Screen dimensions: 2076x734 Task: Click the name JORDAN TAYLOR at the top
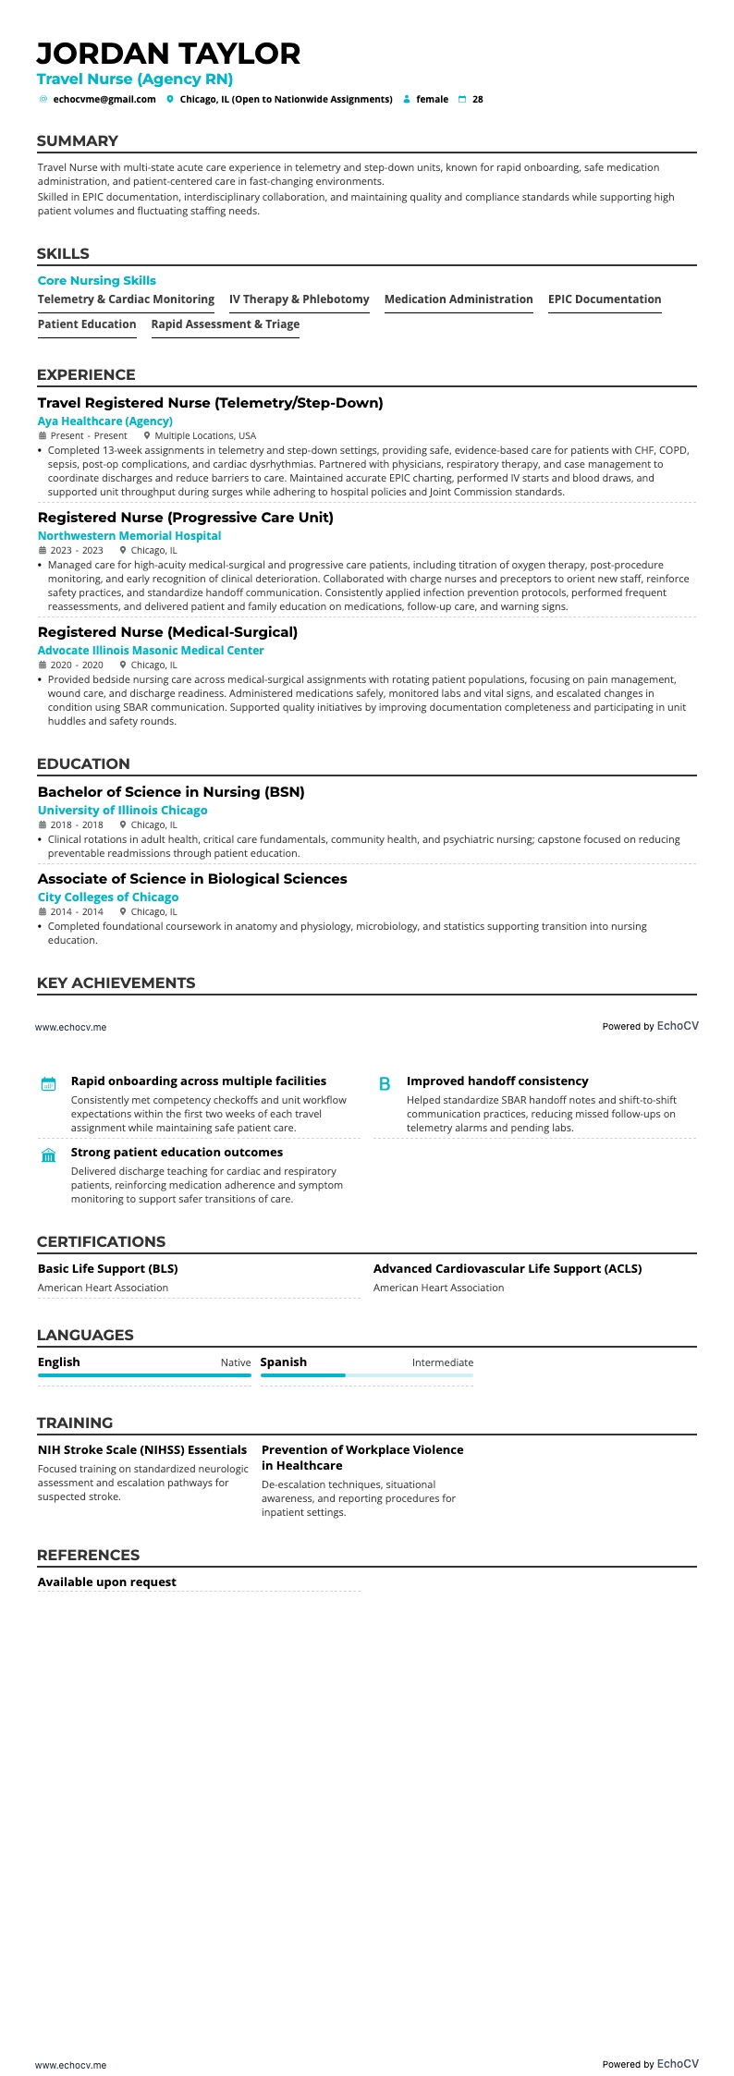tap(168, 54)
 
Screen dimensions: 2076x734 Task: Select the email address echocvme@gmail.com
tap(104, 99)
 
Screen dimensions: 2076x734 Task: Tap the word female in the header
tap(432, 99)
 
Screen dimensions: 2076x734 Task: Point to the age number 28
tap(477, 99)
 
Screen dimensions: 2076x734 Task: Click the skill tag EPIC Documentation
tap(605, 299)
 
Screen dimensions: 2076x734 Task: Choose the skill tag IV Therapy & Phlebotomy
tap(299, 299)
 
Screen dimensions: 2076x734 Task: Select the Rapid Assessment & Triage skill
tap(225, 324)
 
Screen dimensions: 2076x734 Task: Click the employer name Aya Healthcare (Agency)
tap(104, 421)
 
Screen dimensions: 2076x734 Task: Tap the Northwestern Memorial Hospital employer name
tap(129, 536)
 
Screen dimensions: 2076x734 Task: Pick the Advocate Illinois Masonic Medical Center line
tap(151, 651)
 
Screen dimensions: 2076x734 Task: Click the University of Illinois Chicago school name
tap(122, 811)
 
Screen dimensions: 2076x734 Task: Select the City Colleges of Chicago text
tap(108, 898)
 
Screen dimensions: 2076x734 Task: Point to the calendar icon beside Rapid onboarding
tap(49, 1084)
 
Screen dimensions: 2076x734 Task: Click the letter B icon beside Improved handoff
tap(385, 1084)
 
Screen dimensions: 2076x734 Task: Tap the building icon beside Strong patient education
tap(49, 1155)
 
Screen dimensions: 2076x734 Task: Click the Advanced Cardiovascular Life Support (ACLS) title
tap(507, 1269)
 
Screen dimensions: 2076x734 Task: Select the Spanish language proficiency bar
tap(366, 1375)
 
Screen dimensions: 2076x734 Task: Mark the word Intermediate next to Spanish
tap(442, 1362)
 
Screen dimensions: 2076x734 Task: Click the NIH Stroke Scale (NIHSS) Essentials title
tap(142, 1450)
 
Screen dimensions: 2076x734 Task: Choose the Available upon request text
tap(106, 1582)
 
